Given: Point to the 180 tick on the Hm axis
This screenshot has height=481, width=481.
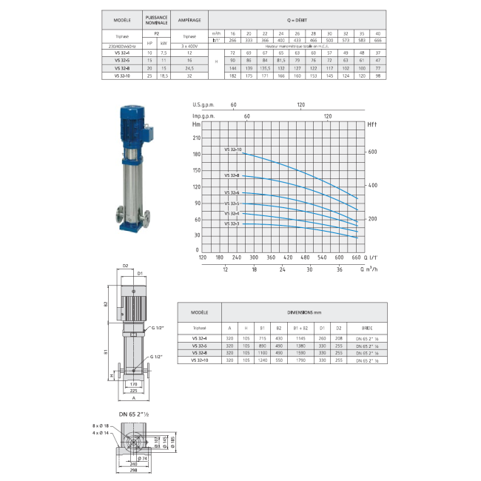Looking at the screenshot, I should tap(196, 154).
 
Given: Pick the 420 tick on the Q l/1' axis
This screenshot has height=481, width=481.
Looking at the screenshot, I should tap(305, 258).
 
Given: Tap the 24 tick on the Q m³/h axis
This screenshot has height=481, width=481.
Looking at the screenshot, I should tap(282, 270).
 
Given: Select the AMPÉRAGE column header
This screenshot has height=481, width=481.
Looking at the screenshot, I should tap(192, 20).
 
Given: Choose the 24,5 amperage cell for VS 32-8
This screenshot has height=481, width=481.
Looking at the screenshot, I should tap(192, 67).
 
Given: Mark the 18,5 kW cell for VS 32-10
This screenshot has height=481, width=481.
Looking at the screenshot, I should tap(164, 75).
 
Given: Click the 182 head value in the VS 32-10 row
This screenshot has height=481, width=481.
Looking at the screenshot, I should tap(233, 75).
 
